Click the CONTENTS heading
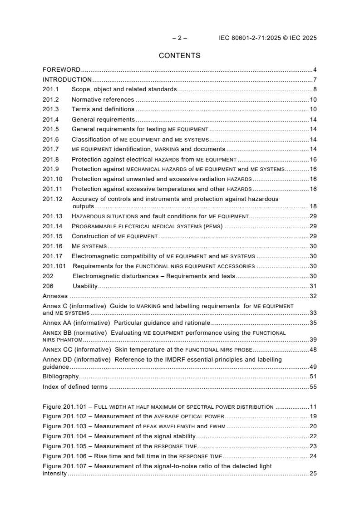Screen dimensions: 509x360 coord(179,56)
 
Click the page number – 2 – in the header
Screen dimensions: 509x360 coord(179,38)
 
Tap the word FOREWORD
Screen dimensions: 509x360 coord(61,70)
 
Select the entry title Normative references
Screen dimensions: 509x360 coord(103,99)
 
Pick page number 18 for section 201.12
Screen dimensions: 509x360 coord(313,206)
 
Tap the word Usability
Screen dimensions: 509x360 coord(85,286)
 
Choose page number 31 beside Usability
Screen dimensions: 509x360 coord(313,286)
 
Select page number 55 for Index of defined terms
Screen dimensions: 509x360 coord(313,387)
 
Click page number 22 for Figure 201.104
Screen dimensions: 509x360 coord(313,436)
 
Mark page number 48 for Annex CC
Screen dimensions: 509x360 coord(313,349)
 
